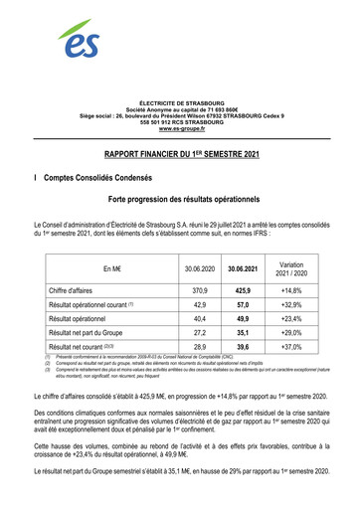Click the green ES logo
(78, 41)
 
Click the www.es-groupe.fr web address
(180, 129)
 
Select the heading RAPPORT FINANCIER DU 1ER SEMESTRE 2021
(180, 157)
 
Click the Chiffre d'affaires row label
(77, 290)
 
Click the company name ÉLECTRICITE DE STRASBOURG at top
(180, 103)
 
